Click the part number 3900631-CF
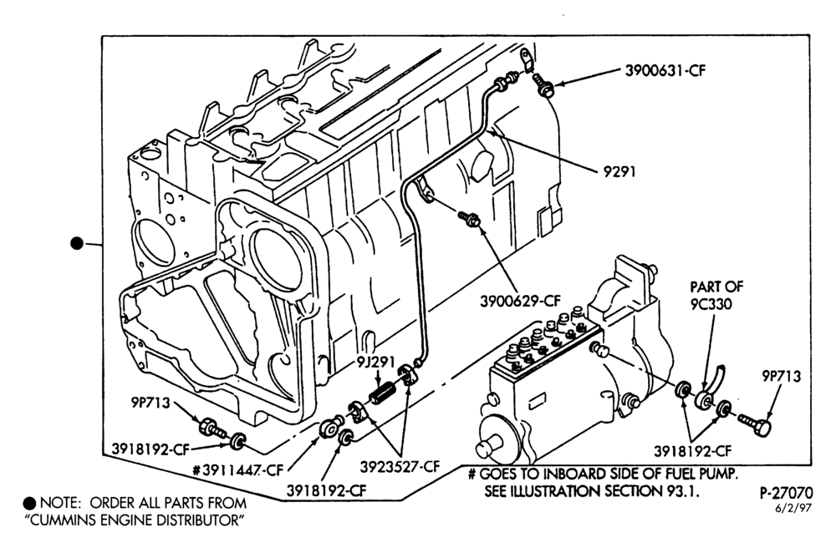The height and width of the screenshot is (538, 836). [x=665, y=71]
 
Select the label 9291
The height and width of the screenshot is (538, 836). [x=619, y=172]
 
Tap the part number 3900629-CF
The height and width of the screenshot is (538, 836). [x=520, y=301]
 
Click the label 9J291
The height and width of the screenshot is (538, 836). [x=376, y=363]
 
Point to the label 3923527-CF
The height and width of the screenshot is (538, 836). [x=400, y=467]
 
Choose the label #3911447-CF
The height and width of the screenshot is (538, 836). [x=237, y=470]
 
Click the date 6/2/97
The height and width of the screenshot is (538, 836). [x=794, y=508]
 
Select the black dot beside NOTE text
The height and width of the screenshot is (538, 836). [x=30, y=504]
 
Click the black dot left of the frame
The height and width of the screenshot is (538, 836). [x=77, y=243]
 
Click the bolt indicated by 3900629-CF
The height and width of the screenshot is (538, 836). [x=470, y=218]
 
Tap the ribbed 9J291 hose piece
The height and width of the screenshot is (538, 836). [x=384, y=393]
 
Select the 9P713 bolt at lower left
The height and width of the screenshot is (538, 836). [x=212, y=428]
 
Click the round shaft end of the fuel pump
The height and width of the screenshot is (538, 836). [x=491, y=444]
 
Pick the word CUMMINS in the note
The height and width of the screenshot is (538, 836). [x=64, y=520]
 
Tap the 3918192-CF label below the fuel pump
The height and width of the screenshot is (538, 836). [x=692, y=451]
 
